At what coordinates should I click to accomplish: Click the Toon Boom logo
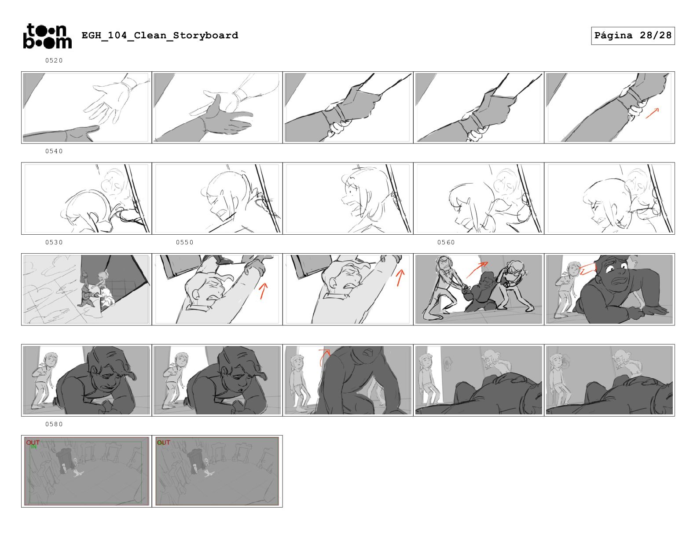click(x=48, y=36)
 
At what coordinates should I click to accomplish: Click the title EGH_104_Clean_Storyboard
click(x=160, y=35)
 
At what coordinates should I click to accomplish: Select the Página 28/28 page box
click(x=632, y=36)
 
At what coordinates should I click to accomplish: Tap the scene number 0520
click(x=54, y=60)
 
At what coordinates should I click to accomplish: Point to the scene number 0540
click(x=54, y=151)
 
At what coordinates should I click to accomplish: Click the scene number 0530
click(x=54, y=242)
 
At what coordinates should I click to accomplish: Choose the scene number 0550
click(x=184, y=242)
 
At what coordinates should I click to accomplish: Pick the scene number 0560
click(x=446, y=242)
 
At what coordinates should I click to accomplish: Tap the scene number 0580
click(x=54, y=424)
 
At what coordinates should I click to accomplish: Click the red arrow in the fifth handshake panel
click(x=652, y=113)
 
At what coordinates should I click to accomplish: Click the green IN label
click(x=33, y=447)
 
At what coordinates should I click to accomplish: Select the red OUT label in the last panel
click(x=163, y=443)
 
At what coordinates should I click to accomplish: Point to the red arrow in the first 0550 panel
click(x=263, y=291)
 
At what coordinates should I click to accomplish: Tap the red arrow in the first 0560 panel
click(x=477, y=269)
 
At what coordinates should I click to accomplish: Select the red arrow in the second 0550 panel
click(x=400, y=277)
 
